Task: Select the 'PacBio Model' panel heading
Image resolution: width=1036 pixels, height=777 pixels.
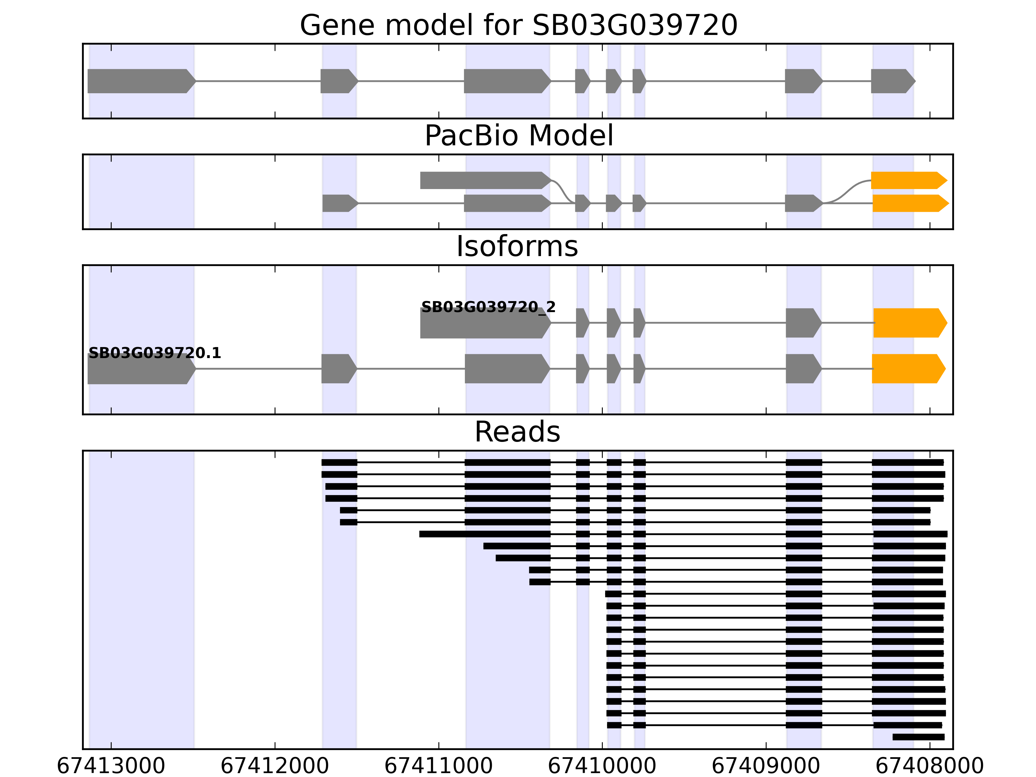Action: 518,136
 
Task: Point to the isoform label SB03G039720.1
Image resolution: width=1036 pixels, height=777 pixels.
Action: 154,353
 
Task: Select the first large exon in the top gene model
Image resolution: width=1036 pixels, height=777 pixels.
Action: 141,81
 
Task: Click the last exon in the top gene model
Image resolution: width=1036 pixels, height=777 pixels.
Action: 892,81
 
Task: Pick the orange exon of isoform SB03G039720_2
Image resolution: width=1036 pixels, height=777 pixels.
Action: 909,323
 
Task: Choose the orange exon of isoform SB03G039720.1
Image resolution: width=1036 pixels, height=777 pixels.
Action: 907,369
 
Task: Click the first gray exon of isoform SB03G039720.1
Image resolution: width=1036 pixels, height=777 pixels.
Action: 141,369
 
